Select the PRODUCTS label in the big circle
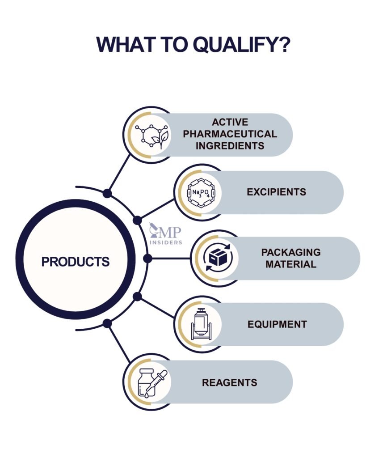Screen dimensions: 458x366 pyautogui.click(x=76, y=261)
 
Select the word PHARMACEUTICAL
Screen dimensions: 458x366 pyautogui.click(x=230, y=134)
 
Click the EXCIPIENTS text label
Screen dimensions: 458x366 pyautogui.click(x=276, y=192)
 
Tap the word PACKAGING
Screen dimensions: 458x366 pyautogui.click(x=290, y=252)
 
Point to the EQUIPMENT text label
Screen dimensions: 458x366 pyautogui.click(x=277, y=324)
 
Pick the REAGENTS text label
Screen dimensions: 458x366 pyautogui.click(x=230, y=382)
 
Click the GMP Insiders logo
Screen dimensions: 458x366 pyautogui.click(x=166, y=234)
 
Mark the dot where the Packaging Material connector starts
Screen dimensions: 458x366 pyautogui.click(x=148, y=259)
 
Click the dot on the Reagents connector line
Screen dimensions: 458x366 pyautogui.click(x=107, y=323)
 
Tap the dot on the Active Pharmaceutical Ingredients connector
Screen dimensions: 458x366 pyautogui.click(x=107, y=193)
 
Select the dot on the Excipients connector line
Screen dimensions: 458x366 pyautogui.click(x=138, y=220)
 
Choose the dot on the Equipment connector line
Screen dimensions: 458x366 pyautogui.click(x=138, y=297)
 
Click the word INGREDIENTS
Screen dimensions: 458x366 pyautogui.click(x=230, y=146)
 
